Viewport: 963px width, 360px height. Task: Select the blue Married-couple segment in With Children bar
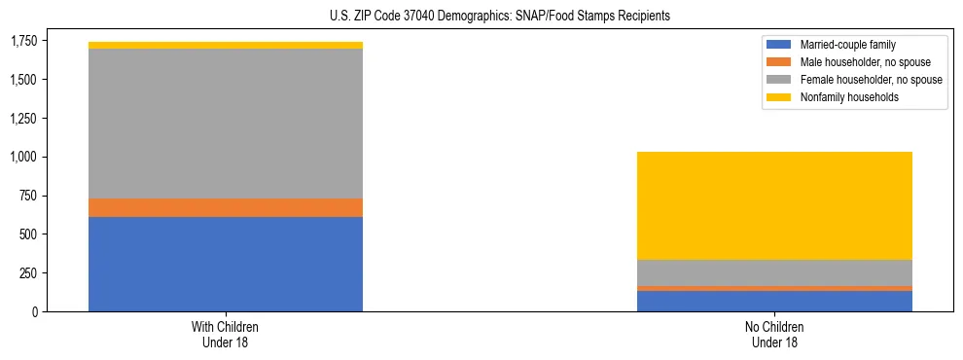(226, 264)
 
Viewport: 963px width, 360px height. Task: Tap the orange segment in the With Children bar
(226, 207)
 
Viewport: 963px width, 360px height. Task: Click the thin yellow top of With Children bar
(226, 45)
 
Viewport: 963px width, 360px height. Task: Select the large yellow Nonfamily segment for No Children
(774, 205)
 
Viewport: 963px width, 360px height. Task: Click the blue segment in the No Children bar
(774, 301)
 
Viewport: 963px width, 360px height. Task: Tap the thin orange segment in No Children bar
(774, 288)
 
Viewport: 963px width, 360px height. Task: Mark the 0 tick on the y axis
(34, 311)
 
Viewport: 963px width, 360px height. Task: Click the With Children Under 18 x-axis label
(226, 334)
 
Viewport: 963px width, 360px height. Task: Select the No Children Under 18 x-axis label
(774, 334)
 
